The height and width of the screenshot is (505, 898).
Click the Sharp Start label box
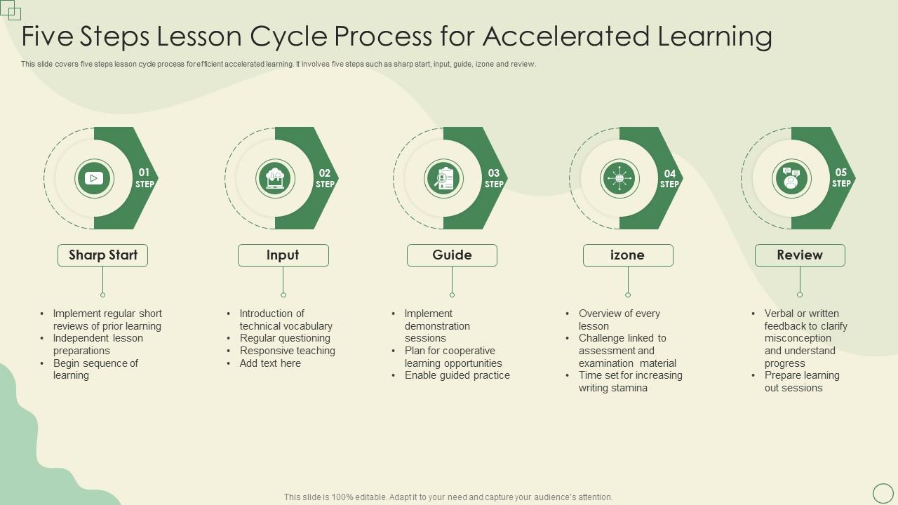point(102,255)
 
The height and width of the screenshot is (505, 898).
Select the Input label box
point(283,255)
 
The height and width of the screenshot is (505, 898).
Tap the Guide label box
point(452,255)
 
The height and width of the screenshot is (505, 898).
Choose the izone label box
point(628,255)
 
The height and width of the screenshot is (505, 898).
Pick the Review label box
point(800,255)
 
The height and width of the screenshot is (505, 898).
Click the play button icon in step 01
point(94,178)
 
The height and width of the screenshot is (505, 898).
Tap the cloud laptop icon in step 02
point(275,178)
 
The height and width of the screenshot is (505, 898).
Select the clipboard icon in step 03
point(444,178)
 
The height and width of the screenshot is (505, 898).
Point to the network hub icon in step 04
point(619,178)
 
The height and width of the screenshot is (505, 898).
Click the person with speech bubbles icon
point(791,178)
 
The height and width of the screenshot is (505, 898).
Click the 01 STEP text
point(144,178)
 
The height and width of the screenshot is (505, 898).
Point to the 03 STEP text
point(494,178)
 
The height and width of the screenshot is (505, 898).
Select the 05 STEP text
point(841,178)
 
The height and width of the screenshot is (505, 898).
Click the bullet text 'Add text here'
point(270,363)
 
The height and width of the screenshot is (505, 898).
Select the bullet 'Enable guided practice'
point(457,375)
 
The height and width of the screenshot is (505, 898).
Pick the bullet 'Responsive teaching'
point(287,351)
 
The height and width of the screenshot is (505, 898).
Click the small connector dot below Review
point(800,295)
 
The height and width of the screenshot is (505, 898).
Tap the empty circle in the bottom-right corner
point(883,493)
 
